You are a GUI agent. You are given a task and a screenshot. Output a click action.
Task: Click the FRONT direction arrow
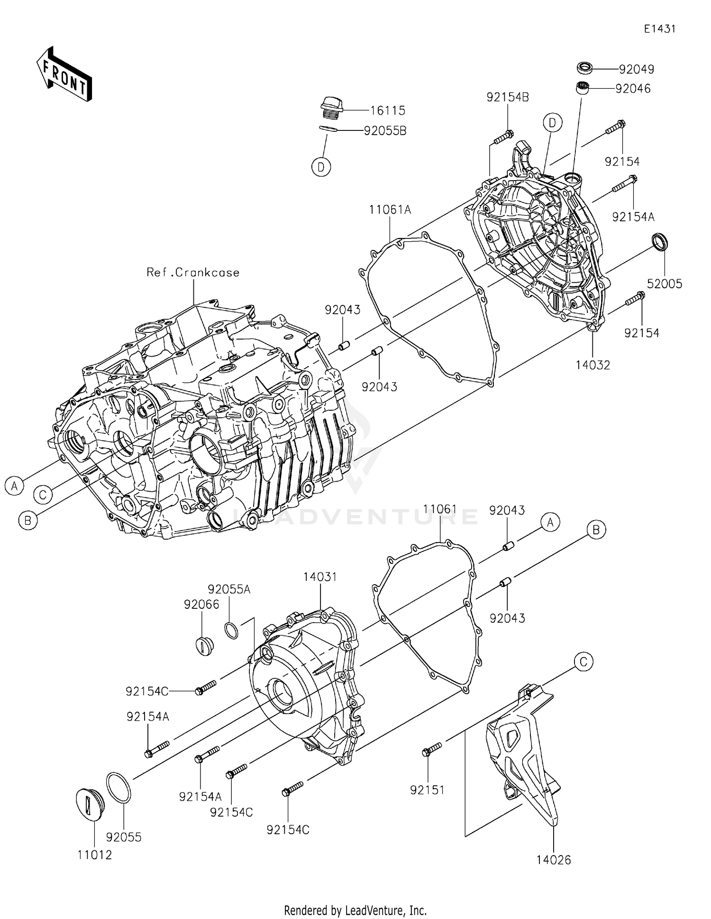64,74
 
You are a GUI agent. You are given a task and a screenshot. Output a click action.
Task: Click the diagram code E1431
659,29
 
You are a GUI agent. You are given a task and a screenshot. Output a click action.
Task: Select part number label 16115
387,110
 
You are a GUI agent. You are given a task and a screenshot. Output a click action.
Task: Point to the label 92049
636,69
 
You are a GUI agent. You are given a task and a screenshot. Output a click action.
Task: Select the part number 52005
665,284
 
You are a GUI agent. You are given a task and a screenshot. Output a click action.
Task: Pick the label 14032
592,365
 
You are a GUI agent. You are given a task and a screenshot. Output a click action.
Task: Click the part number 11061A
390,210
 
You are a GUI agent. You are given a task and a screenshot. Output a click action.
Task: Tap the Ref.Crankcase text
193,272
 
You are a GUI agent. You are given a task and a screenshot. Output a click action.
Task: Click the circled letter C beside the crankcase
43,495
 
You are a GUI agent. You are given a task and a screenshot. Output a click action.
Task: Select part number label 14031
320,577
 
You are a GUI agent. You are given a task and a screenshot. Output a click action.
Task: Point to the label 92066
201,604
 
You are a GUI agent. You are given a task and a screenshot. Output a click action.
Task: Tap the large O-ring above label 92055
118,787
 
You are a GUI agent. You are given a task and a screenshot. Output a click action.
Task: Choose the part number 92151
427,790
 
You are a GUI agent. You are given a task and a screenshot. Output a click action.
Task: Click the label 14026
554,860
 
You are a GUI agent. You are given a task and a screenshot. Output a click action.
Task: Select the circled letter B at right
596,529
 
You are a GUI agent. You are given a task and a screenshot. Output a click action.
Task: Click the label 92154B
507,97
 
